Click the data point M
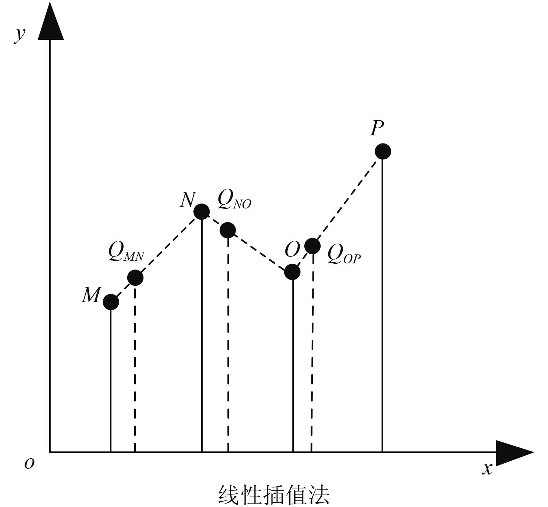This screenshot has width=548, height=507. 111,302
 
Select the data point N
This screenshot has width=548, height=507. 201,212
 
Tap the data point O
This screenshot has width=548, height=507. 292,272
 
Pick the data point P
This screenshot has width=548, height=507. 383,151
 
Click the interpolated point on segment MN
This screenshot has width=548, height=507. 135,278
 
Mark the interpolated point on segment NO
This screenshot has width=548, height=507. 228,230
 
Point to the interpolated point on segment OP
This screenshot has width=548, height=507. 312,246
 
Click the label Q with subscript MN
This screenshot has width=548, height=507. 126,253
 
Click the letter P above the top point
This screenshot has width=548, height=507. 377,128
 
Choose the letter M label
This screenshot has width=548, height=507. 91,296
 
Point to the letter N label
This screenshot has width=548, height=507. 188,200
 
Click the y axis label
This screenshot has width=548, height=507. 20,35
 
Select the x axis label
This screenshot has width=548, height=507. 487,468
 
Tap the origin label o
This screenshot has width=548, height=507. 29,463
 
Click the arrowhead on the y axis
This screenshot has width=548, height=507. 51,21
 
